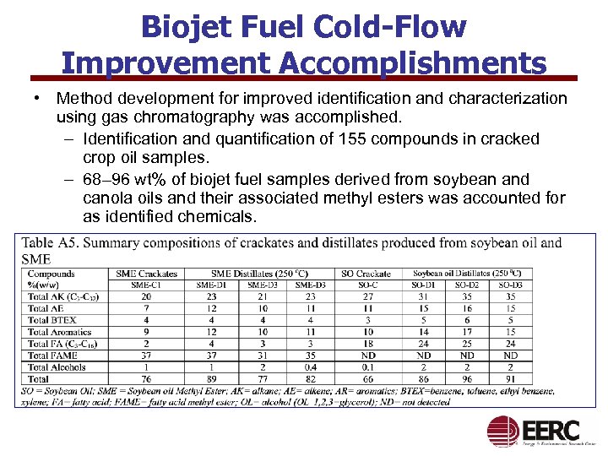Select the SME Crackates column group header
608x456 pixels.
147,274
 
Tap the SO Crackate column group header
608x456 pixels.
366,274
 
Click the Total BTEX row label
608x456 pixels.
52,320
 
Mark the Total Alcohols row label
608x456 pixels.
57,367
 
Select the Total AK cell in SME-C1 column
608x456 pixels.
147,296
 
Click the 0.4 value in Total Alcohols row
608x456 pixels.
312,367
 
